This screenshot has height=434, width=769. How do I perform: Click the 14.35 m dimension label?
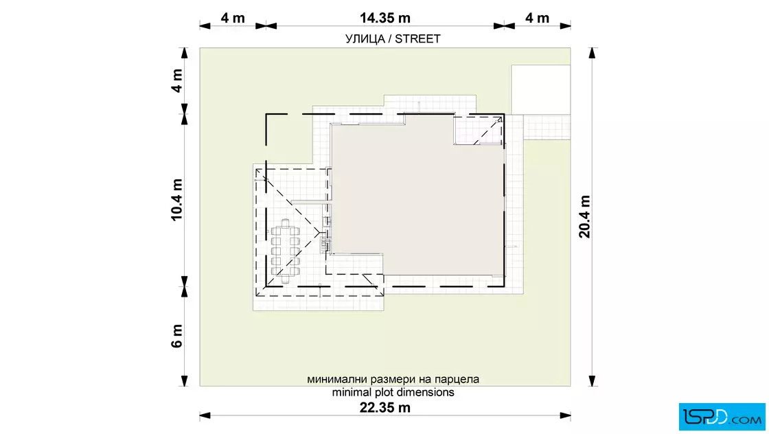point(385,18)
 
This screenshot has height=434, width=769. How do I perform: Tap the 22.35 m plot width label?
point(385,407)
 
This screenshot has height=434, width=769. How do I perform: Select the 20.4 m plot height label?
point(584,217)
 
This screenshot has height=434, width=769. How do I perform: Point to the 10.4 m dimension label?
point(176,200)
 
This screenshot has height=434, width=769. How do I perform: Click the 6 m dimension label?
point(176,336)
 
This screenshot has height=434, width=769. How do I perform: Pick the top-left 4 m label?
point(233,18)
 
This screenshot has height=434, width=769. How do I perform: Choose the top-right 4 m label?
point(537,18)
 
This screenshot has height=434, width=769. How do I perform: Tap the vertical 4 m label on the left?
point(176,80)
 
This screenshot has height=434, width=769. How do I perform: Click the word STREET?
point(417,38)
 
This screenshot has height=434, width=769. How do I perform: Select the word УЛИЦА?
point(365,39)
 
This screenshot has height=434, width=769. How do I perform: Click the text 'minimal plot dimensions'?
point(393,392)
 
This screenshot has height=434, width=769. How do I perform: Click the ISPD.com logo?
point(722,417)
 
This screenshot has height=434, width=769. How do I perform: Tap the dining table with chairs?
point(285,251)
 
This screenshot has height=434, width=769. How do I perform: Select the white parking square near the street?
point(541,90)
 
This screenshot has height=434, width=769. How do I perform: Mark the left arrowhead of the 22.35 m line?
point(205,416)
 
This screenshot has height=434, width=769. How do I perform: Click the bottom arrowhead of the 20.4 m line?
point(592,381)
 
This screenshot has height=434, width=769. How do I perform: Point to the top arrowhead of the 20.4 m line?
point(592,53)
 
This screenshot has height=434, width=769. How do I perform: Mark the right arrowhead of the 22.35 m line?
point(565,416)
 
